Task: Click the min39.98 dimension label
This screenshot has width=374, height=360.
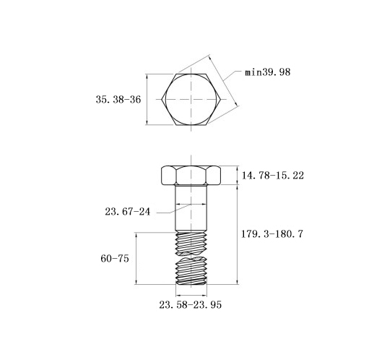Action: point(268,72)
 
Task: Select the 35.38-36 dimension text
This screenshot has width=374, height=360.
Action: point(118,100)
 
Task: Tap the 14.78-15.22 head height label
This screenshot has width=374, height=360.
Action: point(273,176)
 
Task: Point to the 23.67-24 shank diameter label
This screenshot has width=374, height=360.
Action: point(127,212)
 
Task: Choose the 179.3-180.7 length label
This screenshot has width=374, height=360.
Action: point(272,234)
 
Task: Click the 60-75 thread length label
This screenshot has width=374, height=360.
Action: point(115,259)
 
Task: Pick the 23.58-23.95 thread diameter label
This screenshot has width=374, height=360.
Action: point(190,305)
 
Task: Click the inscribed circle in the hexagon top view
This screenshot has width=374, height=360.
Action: point(165,99)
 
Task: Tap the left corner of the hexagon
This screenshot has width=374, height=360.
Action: point(162,99)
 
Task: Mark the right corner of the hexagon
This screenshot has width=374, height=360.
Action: point(220,99)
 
